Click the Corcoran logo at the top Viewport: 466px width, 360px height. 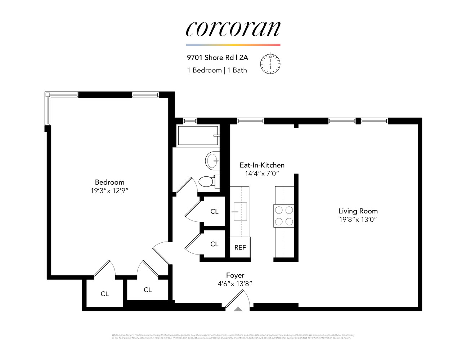(233, 28)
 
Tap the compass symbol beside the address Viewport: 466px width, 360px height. (270, 64)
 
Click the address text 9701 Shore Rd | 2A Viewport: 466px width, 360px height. (217, 58)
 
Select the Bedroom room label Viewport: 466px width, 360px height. (109, 182)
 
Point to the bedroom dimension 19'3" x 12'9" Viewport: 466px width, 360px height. (109, 191)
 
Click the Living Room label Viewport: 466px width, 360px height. (358, 211)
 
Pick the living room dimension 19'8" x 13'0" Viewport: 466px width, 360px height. (358, 220)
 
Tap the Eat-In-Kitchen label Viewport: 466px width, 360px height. (262, 165)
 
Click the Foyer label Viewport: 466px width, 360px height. (235, 275)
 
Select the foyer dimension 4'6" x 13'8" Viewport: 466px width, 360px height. (235, 284)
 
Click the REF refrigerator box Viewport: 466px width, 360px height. (240, 247)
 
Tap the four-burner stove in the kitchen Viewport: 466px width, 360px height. (284, 215)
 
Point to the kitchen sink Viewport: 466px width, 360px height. (240, 211)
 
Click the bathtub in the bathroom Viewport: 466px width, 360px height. (198, 136)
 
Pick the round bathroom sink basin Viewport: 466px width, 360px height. (212, 160)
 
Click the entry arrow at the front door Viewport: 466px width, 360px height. (238, 309)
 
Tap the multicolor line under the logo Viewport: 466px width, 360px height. (233, 45)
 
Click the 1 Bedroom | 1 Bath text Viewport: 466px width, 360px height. (217, 70)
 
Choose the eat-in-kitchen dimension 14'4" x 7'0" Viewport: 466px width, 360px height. (262, 174)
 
